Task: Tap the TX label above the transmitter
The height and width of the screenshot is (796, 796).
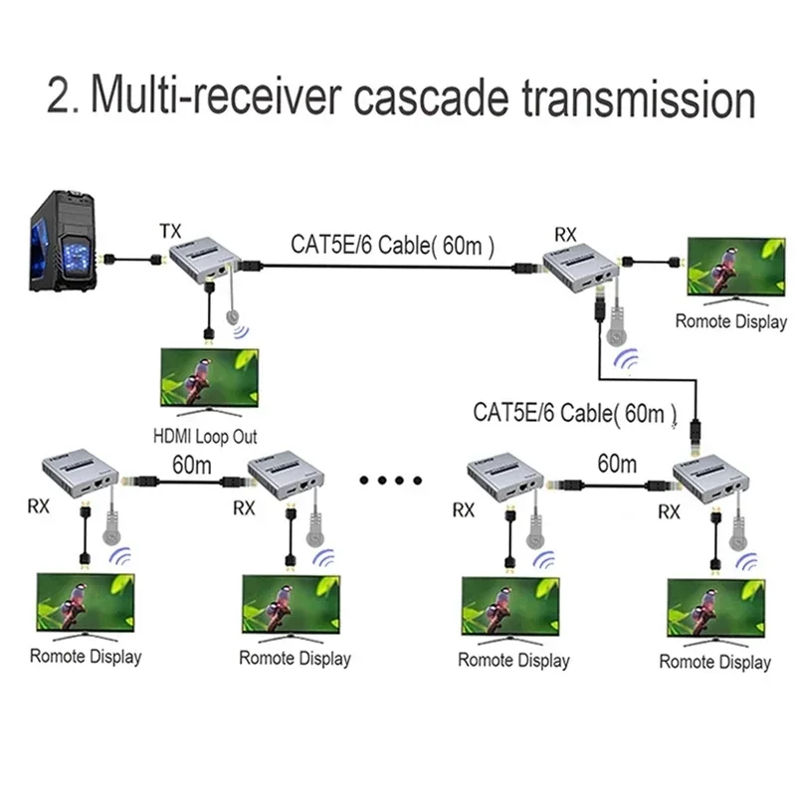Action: pyautogui.click(x=171, y=232)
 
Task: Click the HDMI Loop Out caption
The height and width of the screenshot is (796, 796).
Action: pyautogui.click(x=205, y=435)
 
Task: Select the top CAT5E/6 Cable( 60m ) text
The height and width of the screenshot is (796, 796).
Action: pyautogui.click(x=393, y=242)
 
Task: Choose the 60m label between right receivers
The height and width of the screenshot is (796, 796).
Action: pyautogui.click(x=617, y=464)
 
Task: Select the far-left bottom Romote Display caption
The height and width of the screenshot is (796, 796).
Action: pyautogui.click(x=86, y=657)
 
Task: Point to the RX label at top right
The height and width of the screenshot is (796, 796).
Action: pyautogui.click(x=565, y=235)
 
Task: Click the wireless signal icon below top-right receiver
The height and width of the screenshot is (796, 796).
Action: pyautogui.click(x=626, y=360)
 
